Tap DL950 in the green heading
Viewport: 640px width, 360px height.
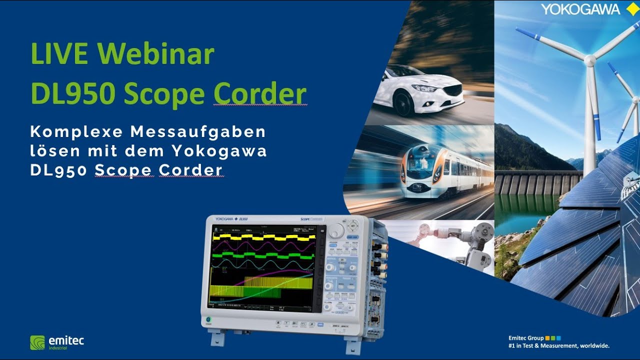[72, 94]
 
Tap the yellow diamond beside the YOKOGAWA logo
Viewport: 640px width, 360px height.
[629, 9]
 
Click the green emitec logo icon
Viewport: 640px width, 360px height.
[37, 342]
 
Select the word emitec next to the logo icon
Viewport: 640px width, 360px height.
[66, 341]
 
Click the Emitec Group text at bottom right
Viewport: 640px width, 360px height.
[526, 338]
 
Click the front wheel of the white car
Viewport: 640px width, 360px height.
[402, 103]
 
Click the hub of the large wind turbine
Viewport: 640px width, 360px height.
[590, 60]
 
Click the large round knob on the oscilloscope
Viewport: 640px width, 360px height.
[336, 231]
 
